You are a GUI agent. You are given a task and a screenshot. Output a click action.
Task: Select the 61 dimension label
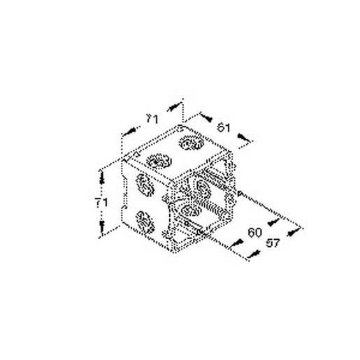click(222, 127)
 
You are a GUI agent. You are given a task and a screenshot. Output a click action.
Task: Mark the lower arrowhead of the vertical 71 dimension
click(102, 227)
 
